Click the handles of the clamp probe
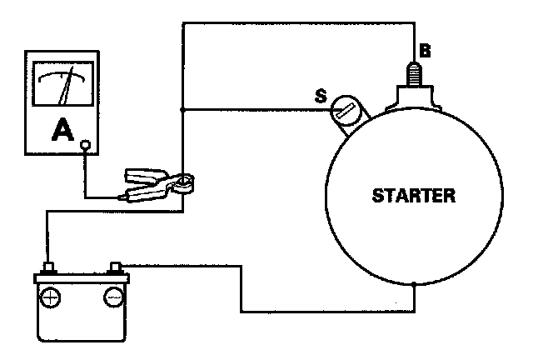point(138,185)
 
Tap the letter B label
point(425,52)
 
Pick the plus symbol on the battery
point(51,296)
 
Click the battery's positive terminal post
point(49,268)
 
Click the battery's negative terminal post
point(116,268)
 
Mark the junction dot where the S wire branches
point(183,109)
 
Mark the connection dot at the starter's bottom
point(414,284)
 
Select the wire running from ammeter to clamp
point(86,179)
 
